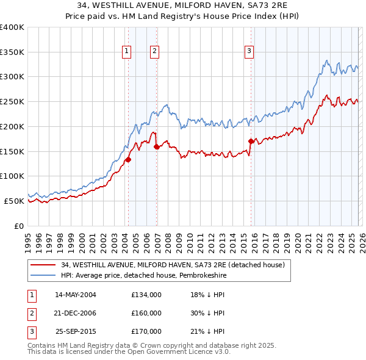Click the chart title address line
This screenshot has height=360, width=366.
tap(183, 5)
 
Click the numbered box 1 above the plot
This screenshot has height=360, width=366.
tap(126, 52)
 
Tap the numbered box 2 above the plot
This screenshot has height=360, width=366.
tap(155, 52)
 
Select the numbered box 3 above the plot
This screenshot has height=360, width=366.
tap(249, 52)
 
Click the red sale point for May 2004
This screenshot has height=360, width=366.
tap(128, 159)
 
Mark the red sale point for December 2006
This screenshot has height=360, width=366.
tap(157, 146)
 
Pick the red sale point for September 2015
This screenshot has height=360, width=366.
tap(251, 141)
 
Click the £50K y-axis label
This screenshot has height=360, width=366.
tap(13, 201)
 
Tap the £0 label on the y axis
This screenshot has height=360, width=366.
tap(18, 226)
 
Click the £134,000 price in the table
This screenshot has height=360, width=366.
tap(146, 294)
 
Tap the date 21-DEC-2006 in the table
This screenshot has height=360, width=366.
tap(76, 313)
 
